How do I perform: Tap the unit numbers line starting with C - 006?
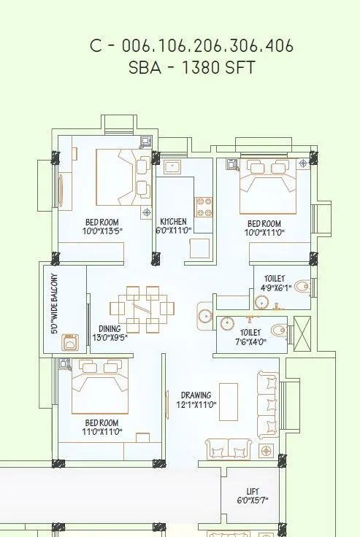(x=191, y=46)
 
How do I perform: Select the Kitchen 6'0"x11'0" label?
(x=174, y=225)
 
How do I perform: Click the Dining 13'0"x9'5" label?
(x=110, y=333)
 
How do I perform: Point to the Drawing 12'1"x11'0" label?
(x=197, y=400)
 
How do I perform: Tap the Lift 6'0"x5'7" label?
(x=252, y=496)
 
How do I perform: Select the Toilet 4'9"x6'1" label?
(x=275, y=283)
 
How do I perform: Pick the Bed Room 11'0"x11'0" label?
(x=102, y=427)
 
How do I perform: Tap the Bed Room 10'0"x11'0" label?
(x=264, y=228)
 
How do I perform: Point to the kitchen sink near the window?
(x=173, y=167)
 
